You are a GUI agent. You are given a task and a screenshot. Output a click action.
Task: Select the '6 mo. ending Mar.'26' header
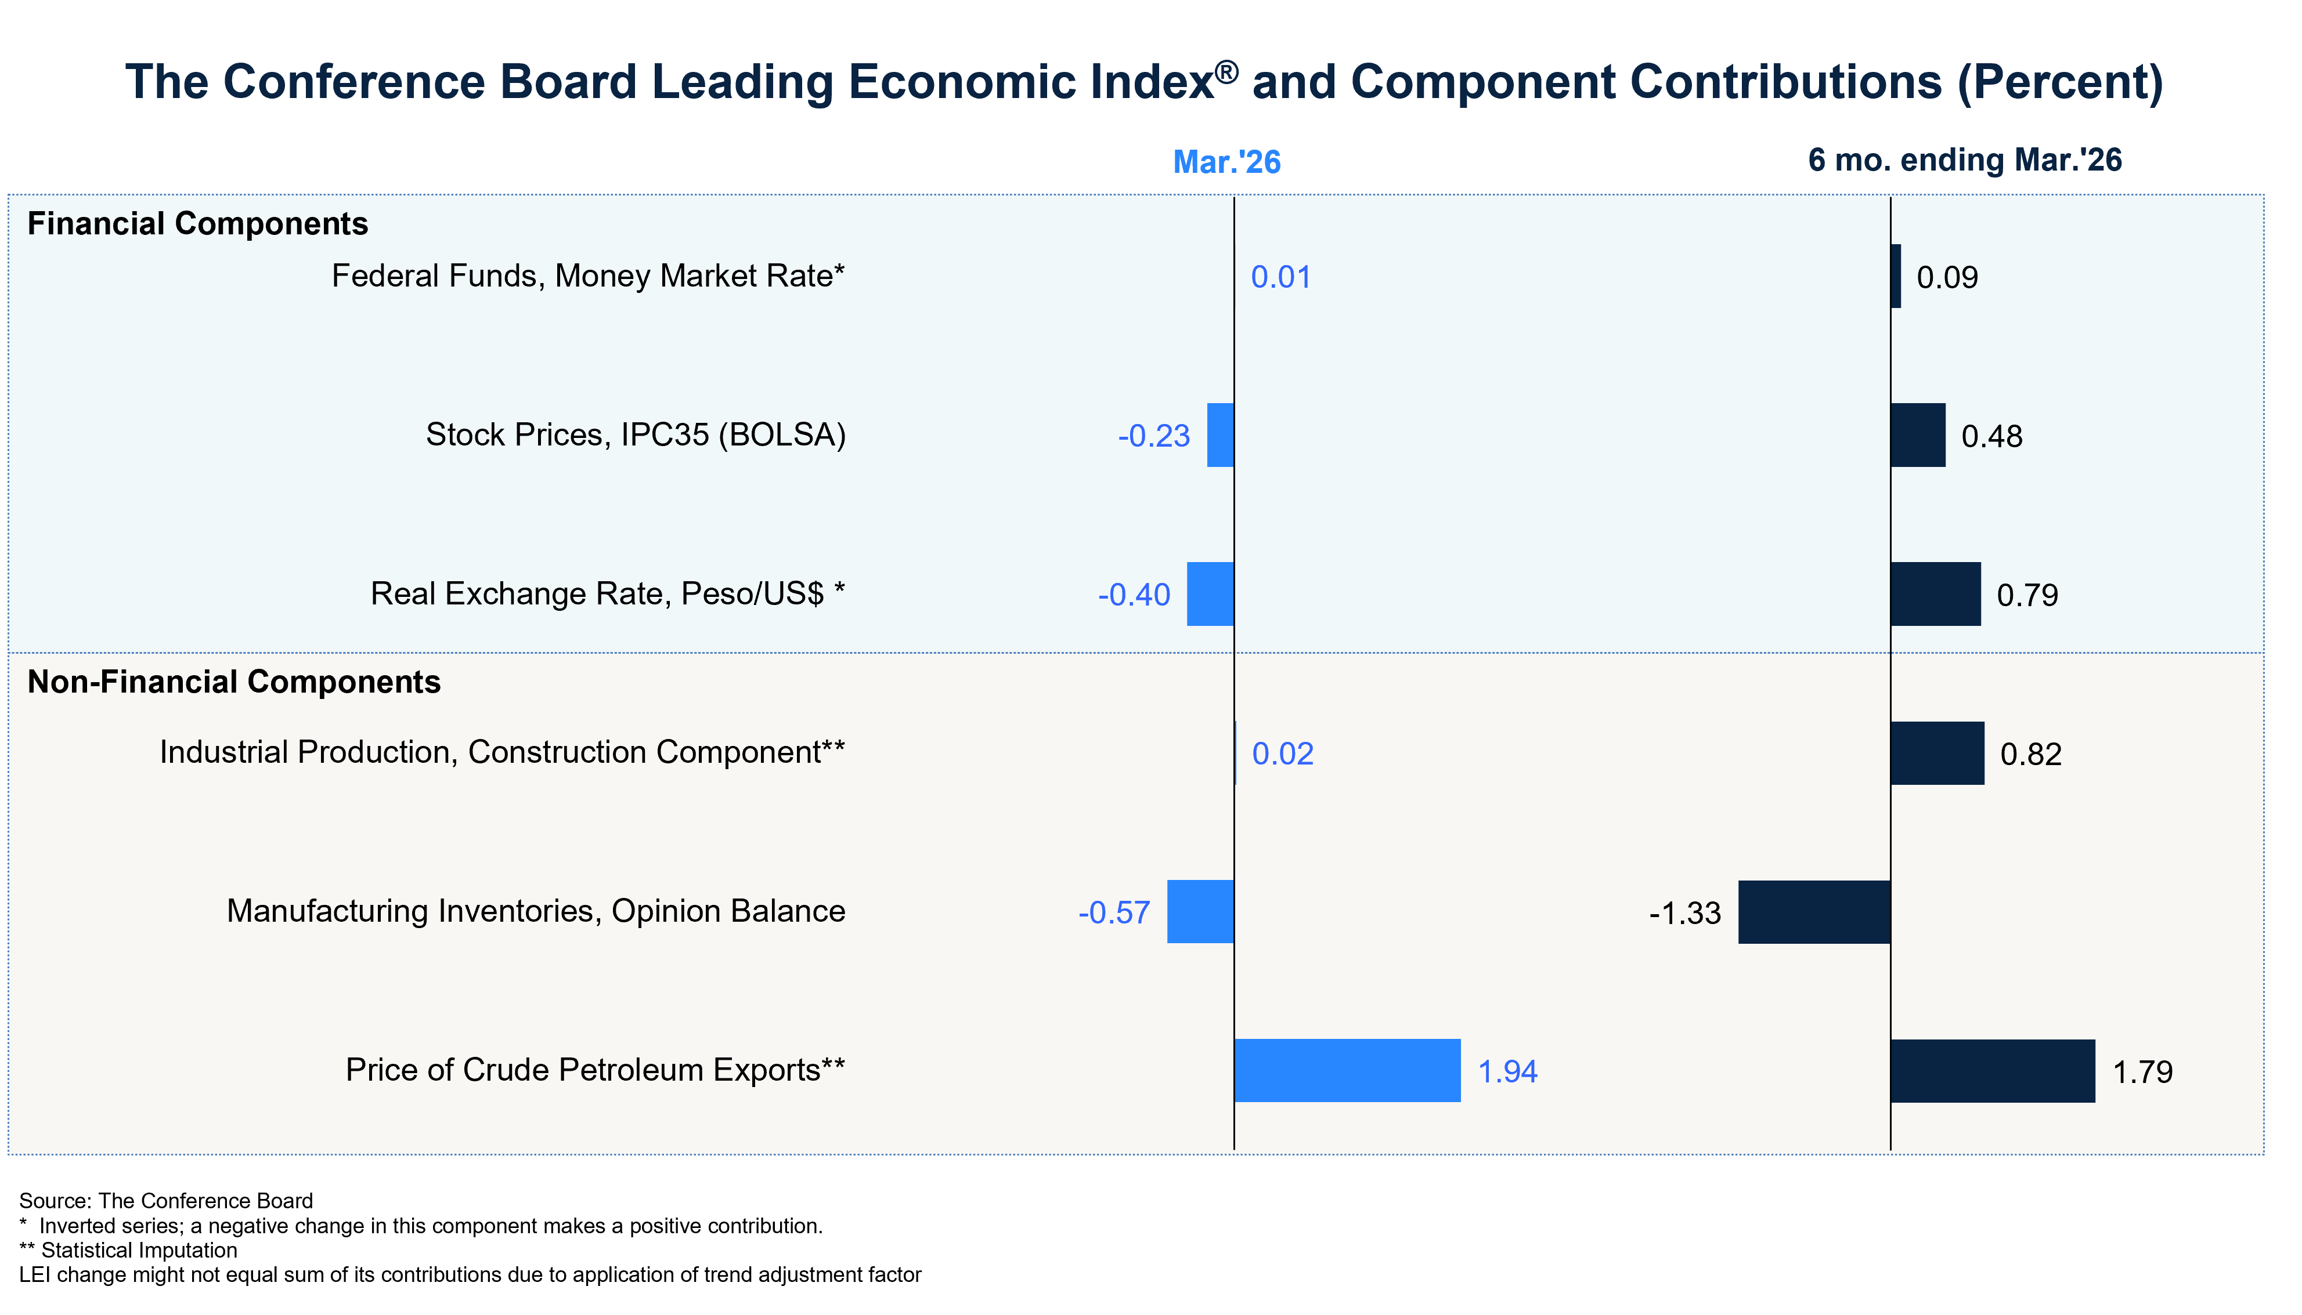pyautogui.click(x=1964, y=160)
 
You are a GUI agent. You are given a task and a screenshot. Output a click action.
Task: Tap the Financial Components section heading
pyautogui.click(x=198, y=224)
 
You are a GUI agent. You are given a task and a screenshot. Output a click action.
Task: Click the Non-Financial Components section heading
pyautogui.click(x=234, y=682)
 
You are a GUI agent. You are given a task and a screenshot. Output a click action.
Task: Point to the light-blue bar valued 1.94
pyautogui.click(x=1347, y=1070)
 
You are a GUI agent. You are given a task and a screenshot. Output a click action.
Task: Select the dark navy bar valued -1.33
pyautogui.click(x=1814, y=912)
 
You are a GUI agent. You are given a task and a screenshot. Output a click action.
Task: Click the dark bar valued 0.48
pyautogui.click(x=1918, y=435)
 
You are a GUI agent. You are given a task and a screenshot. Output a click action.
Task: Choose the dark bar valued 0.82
pyautogui.click(x=1937, y=754)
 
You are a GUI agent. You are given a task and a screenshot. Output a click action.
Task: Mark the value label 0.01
pyautogui.click(x=1280, y=277)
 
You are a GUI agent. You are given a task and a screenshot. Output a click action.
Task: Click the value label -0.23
pyautogui.click(x=1154, y=436)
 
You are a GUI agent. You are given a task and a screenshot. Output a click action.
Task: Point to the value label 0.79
pyautogui.click(x=2027, y=595)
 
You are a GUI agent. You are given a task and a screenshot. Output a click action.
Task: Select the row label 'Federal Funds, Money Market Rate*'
pyautogui.click(x=588, y=276)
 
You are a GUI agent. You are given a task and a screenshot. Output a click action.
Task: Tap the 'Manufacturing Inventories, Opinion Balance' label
pyautogui.click(x=536, y=911)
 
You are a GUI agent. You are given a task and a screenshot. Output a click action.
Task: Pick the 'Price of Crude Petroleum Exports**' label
pyautogui.click(x=596, y=1070)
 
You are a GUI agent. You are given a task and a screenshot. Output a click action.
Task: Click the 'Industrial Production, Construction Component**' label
pyautogui.click(x=502, y=752)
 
